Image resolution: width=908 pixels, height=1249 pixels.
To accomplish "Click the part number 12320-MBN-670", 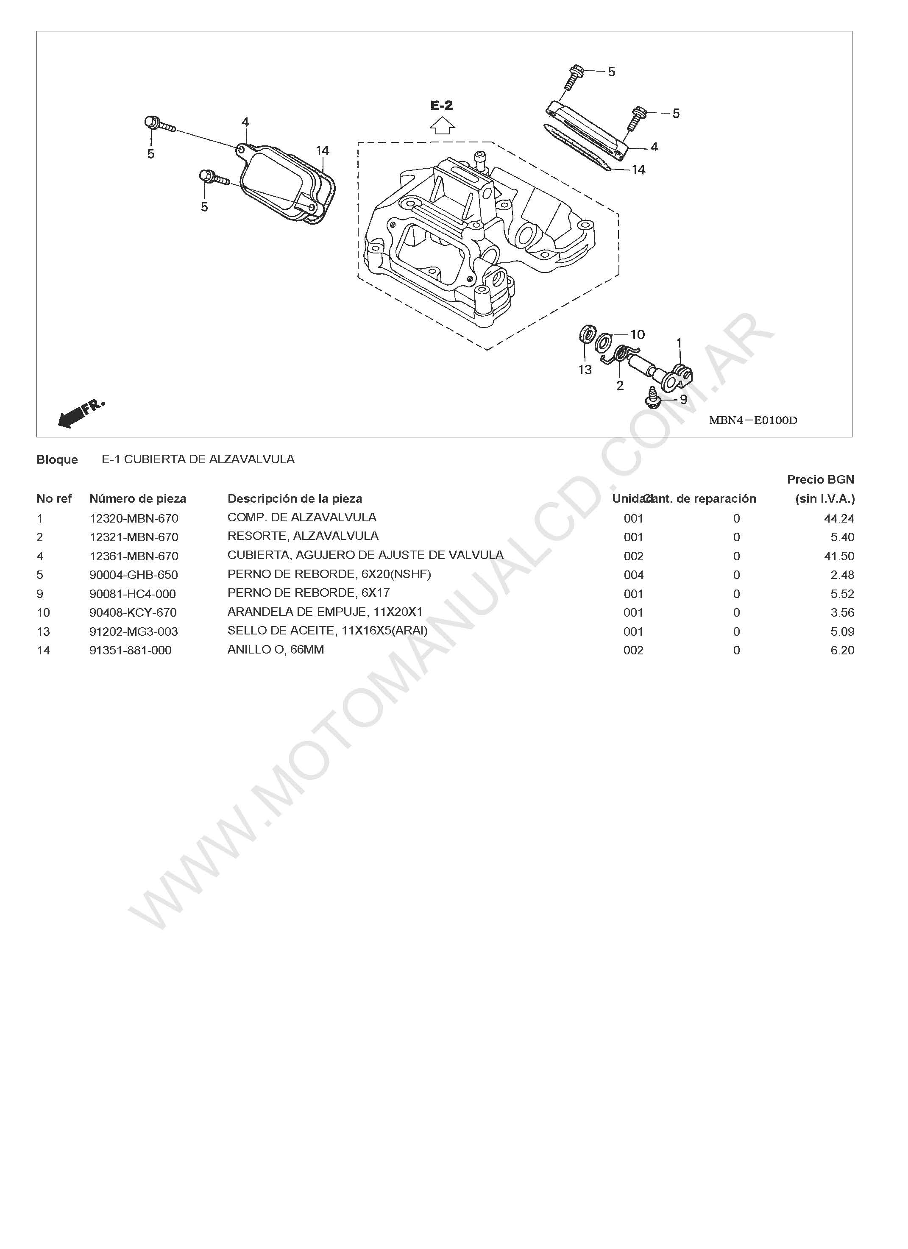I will [x=134, y=518].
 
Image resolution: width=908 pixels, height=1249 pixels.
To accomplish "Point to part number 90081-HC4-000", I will [x=132, y=594].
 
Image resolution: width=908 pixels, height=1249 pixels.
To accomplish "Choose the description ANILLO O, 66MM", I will [x=276, y=649].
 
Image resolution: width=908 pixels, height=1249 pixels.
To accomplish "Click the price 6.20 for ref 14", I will [x=842, y=651].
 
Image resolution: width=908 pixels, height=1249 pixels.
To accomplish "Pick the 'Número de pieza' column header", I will [x=138, y=498].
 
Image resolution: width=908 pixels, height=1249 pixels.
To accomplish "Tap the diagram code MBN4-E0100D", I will [x=752, y=420].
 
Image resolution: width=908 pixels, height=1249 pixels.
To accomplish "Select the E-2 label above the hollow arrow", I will [x=441, y=105].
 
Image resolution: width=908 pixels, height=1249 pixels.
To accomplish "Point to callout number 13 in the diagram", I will [x=585, y=370].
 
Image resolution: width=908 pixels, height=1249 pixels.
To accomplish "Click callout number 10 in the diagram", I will [x=637, y=334].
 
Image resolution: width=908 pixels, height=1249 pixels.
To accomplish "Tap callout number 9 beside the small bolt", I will [x=683, y=399].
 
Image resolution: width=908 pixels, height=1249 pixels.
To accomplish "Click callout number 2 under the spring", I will [x=620, y=386].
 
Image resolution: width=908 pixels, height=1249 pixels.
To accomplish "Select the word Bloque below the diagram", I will [x=57, y=459].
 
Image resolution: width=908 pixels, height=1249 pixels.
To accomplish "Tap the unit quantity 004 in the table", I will [x=633, y=575].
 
